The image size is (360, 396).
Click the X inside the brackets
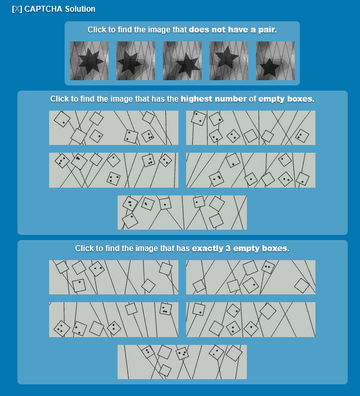point(17,9)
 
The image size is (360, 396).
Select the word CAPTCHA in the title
point(43,9)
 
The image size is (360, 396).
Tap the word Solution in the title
point(80,9)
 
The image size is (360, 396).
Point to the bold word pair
point(267,30)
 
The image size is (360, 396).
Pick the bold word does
point(199,30)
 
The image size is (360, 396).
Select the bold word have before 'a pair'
point(238,30)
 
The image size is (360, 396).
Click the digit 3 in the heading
point(228,248)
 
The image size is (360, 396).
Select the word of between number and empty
point(252,99)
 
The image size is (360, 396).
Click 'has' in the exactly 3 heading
point(184,248)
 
